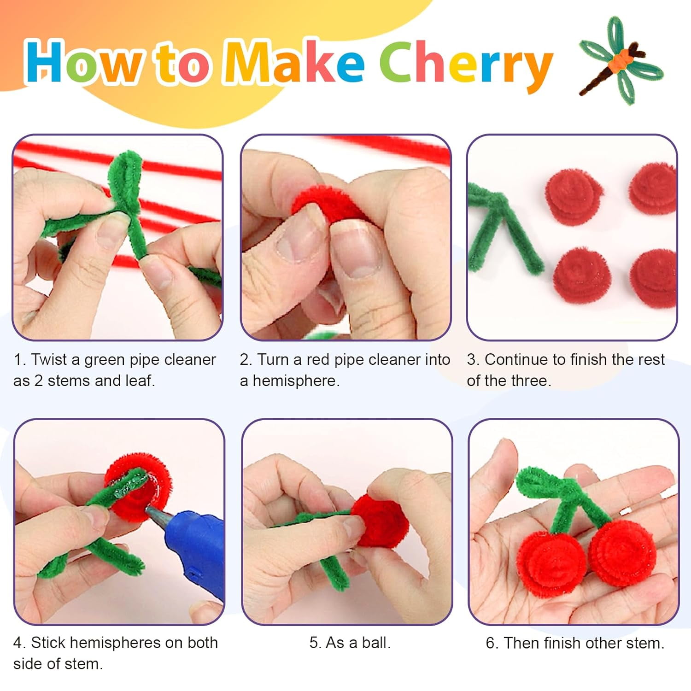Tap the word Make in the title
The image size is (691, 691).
(295, 62)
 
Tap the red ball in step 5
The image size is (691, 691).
(380, 521)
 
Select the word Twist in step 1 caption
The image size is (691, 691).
(49, 359)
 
